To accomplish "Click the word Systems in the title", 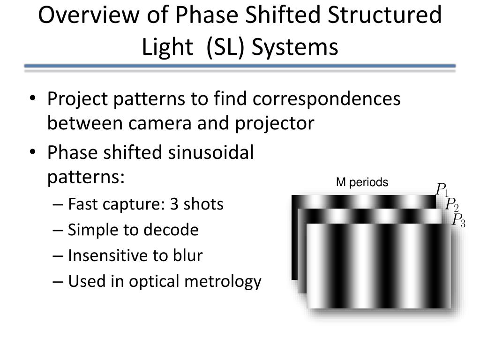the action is [x=295, y=47].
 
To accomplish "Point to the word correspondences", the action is [x=327, y=98].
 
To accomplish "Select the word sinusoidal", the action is [x=211, y=152].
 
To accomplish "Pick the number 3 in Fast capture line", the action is [x=174, y=204].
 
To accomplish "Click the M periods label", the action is [x=362, y=182].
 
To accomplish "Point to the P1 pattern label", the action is [x=442, y=189].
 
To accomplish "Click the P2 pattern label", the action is [x=452, y=204].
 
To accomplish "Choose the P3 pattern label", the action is [x=458, y=220].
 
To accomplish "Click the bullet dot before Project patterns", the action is [x=32, y=98].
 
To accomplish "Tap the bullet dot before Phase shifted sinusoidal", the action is [x=32, y=152].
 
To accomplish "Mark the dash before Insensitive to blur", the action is [x=58, y=256].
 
